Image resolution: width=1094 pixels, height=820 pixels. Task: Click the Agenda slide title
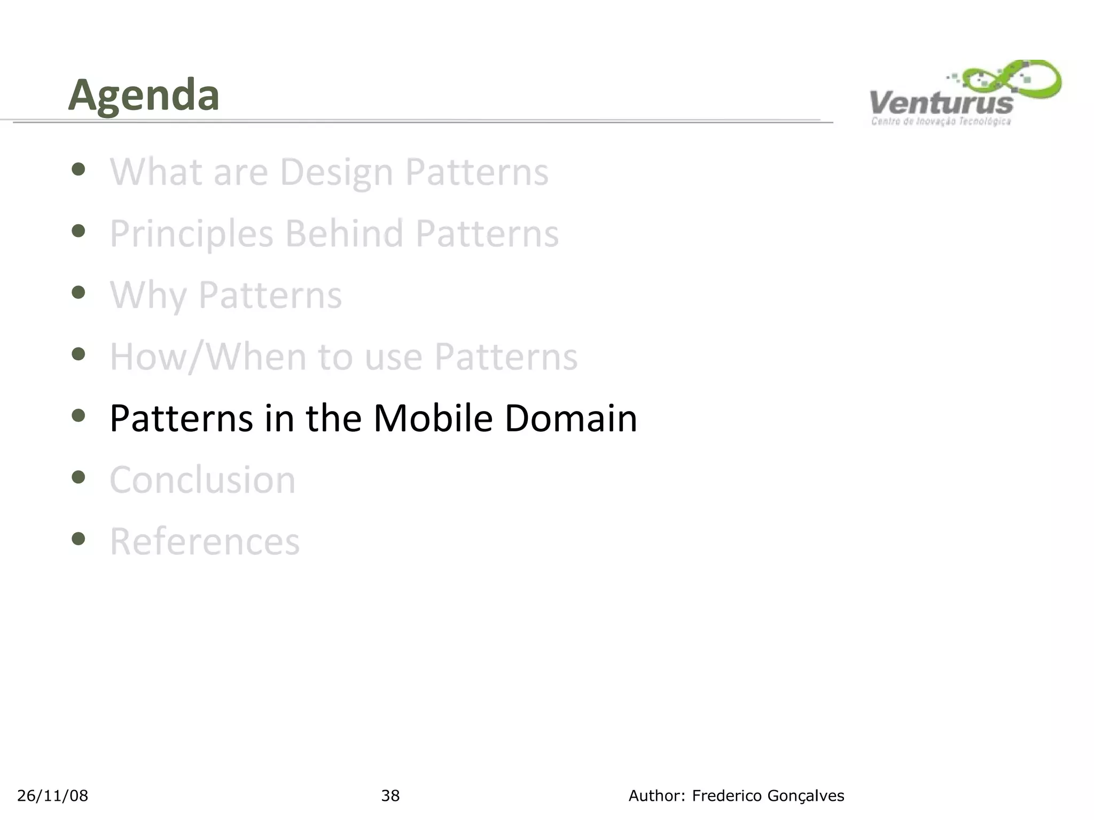tap(144, 96)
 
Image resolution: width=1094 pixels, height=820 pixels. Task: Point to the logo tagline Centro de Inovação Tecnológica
tap(941, 122)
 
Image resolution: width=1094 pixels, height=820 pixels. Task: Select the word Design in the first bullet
tap(337, 172)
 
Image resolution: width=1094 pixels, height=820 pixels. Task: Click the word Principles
tap(192, 234)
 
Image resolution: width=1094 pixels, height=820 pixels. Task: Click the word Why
tap(148, 295)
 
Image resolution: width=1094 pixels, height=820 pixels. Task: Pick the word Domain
tap(571, 418)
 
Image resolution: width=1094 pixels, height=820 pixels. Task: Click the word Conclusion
tap(202, 480)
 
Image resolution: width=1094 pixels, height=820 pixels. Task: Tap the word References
tap(205, 541)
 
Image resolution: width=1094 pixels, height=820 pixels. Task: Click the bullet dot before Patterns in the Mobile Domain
tap(79, 415)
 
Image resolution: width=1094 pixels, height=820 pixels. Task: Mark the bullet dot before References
tap(79, 538)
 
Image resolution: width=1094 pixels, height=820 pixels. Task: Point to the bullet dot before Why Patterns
tap(79, 292)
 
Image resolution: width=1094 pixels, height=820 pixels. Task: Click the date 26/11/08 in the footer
tap(52, 796)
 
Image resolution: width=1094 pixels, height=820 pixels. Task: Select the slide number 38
tap(390, 796)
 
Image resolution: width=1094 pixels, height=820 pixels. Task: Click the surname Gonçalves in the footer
tap(806, 796)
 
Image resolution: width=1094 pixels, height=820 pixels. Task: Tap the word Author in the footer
tap(655, 796)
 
